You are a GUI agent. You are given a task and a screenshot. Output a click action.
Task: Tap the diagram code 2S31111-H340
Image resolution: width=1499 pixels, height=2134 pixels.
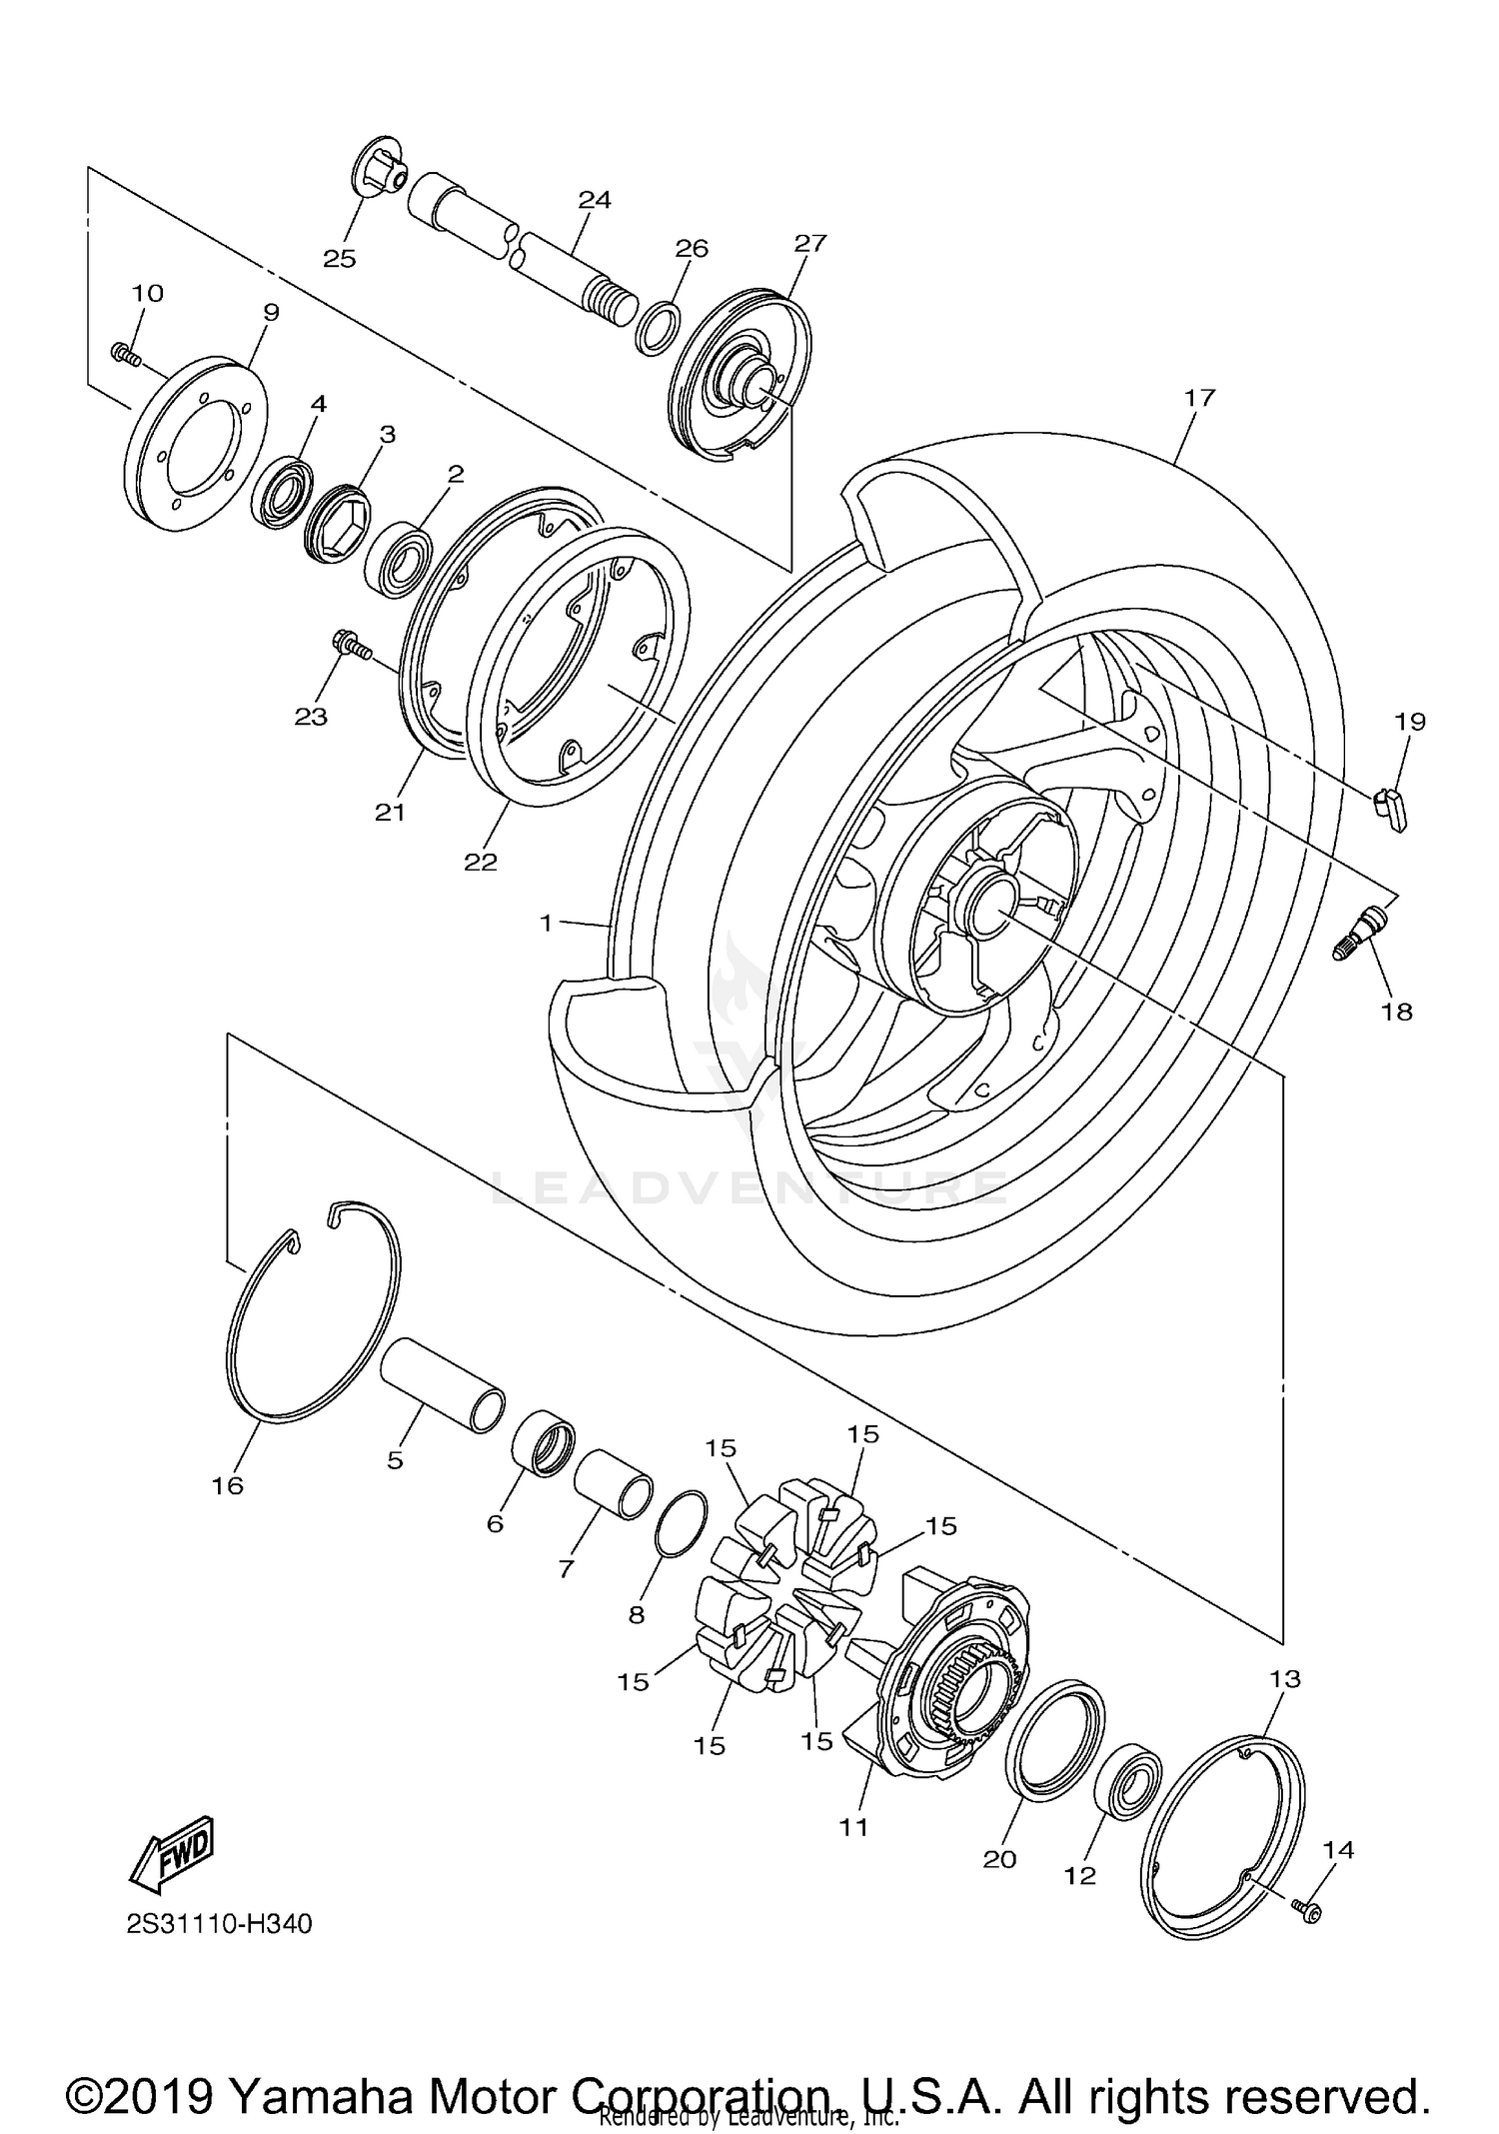coord(219,1923)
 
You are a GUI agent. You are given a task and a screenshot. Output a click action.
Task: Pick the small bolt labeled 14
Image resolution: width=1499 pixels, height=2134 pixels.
coord(1307,1911)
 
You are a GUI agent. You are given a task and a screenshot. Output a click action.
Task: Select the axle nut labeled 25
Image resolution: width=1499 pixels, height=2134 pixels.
coord(381,166)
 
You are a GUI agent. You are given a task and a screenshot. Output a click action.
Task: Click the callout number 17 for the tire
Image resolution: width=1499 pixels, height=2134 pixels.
coord(1199,397)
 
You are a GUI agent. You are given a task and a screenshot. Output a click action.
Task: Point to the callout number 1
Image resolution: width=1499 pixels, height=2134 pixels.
coord(546,924)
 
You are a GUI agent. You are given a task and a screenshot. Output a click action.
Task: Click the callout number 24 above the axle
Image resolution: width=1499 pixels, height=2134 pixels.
coord(594,199)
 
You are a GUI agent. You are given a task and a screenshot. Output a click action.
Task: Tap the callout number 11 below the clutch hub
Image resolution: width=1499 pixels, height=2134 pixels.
coord(853,1826)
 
